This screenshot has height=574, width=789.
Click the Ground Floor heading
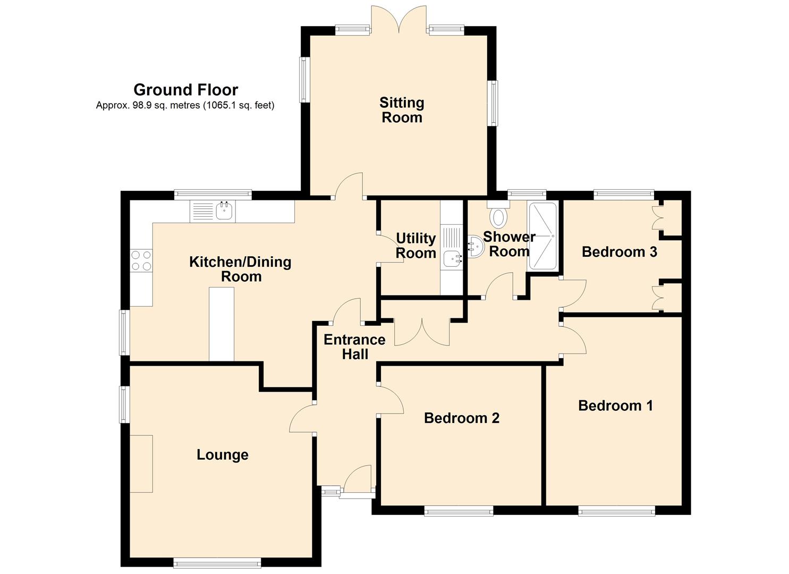pos(185,90)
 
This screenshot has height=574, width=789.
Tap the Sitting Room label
pos(402,110)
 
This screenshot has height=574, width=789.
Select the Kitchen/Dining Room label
pos(241,269)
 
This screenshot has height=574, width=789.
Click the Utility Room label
pos(416,246)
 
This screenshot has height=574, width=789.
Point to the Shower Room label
pos(510,244)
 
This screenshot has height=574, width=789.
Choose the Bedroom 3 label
pos(620,252)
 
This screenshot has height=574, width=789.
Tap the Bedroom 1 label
pos(616,406)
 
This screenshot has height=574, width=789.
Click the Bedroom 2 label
pos(462,418)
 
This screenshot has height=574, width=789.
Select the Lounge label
pos(223,455)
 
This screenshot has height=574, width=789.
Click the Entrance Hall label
pos(355,347)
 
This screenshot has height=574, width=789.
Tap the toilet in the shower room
pos(498,215)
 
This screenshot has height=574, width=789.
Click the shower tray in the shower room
pos(542,236)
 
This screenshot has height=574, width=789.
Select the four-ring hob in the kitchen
pos(141,260)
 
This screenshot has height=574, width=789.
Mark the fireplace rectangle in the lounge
pos(141,463)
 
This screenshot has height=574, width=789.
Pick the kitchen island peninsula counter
pos(222,324)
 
